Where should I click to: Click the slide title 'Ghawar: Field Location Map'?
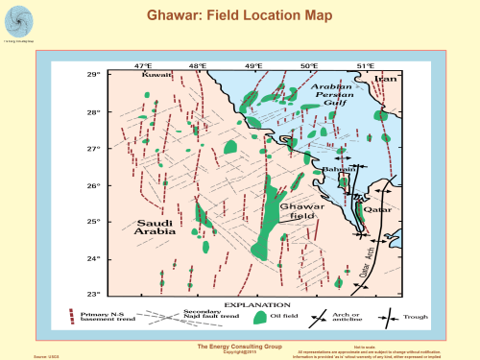(x=239, y=16)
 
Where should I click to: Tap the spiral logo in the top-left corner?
(x=18, y=20)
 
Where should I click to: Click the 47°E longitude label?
(x=143, y=65)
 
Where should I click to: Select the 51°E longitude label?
(x=366, y=65)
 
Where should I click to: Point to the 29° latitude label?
(x=93, y=75)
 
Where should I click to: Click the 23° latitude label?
(x=93, y=294)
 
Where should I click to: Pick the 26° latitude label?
(x=93, y=185)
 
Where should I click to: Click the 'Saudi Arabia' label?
(x=153, y=228)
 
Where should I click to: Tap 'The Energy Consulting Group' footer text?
(x=239, y=345)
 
